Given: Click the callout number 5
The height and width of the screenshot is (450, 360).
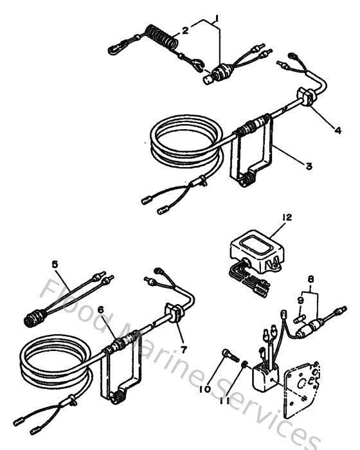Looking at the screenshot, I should pos(55,264).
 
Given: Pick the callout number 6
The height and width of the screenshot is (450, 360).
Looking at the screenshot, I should pos(100,309).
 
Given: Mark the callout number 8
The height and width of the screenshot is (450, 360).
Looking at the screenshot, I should pos(311,280).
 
